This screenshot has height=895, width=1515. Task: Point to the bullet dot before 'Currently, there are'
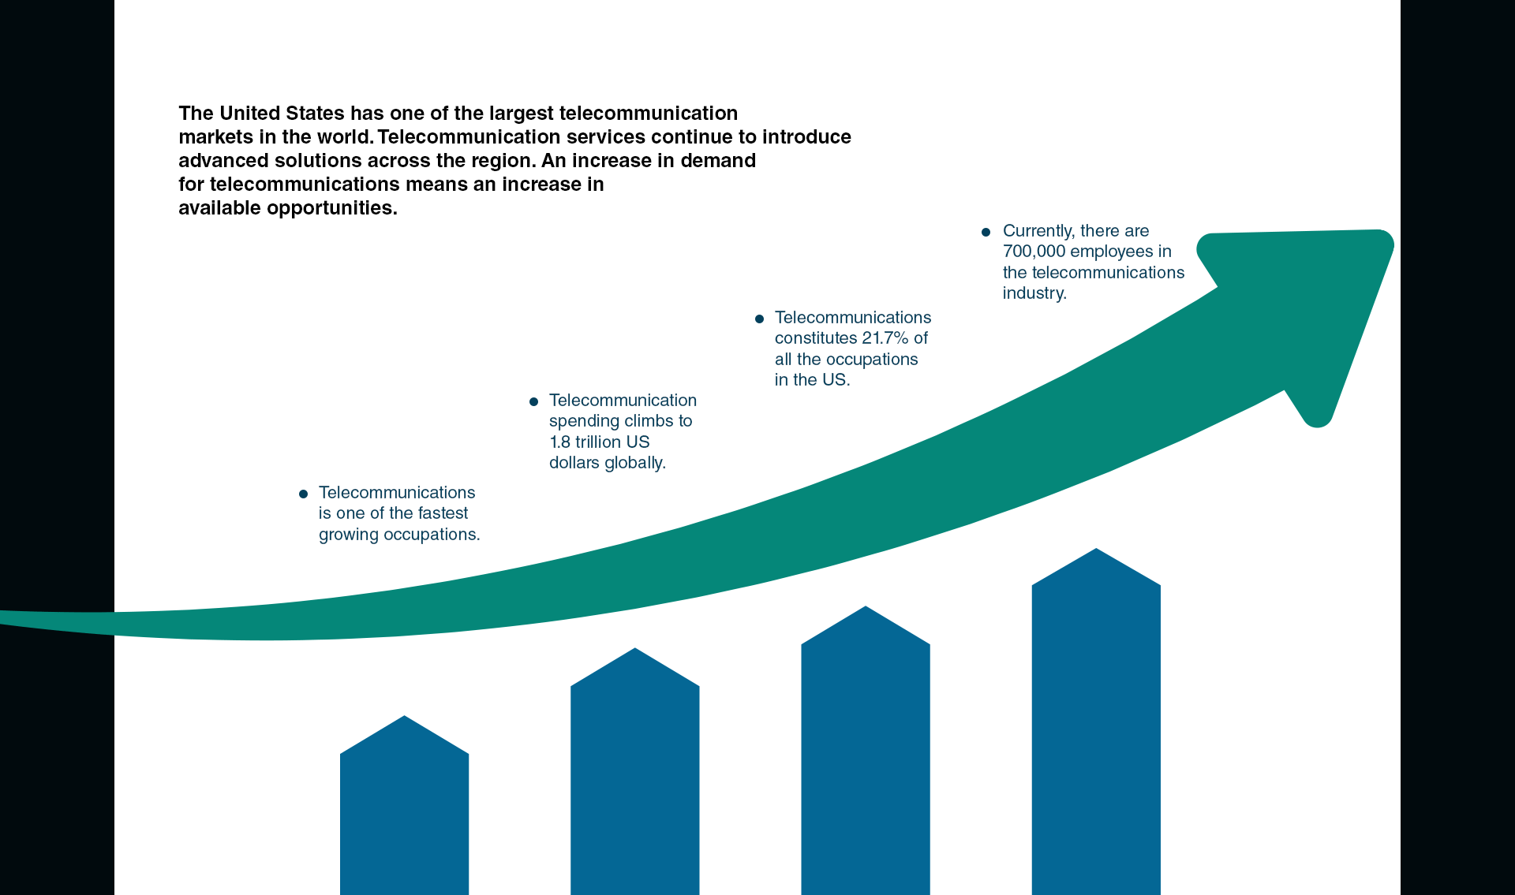986,232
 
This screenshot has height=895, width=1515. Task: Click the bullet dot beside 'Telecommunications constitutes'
759,319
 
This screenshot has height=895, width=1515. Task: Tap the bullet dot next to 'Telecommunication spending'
533,401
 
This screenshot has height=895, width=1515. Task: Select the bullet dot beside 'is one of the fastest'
303,494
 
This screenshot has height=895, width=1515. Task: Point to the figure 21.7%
885,338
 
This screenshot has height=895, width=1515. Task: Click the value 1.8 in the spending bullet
559,442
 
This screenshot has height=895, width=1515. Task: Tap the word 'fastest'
443,513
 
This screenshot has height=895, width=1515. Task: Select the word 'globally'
634,464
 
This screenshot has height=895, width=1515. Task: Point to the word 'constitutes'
815,338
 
